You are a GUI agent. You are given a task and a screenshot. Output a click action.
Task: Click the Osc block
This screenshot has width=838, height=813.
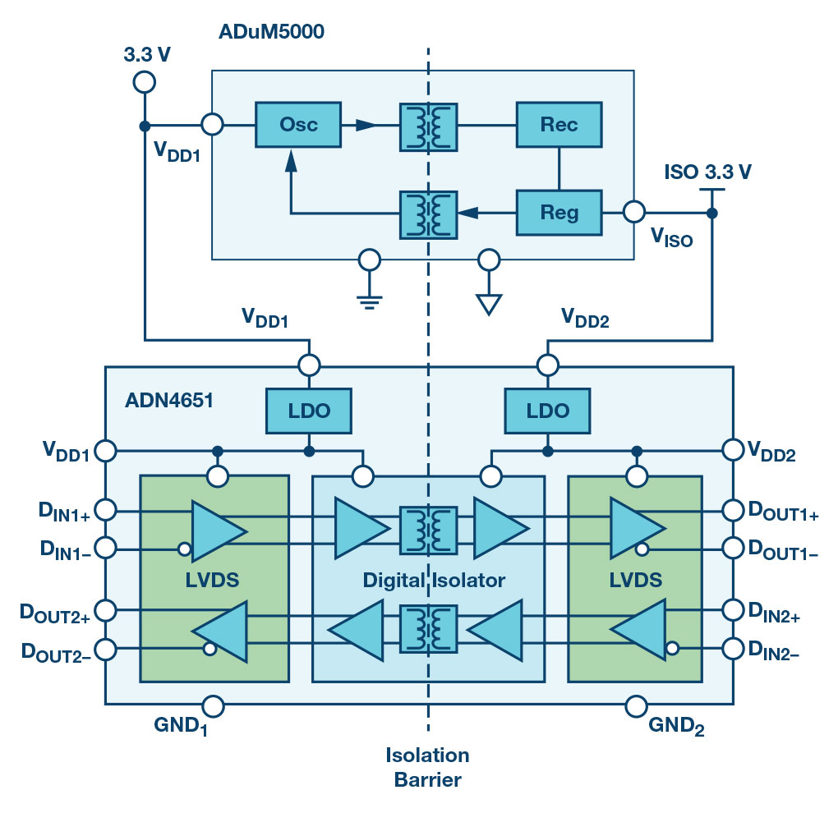click(297, 125)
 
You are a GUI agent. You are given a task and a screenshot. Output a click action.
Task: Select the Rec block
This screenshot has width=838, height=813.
click(559, 125)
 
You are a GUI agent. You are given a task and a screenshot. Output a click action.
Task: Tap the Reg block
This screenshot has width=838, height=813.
click(559, 212)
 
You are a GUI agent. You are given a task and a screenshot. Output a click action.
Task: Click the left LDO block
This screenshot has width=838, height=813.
click(308, 410)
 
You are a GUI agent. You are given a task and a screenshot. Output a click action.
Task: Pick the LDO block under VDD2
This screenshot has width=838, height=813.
click(546, 410)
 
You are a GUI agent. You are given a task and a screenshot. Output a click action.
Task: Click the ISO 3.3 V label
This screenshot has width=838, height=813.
click(709, 172)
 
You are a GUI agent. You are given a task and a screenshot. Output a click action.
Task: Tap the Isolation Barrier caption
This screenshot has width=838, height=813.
click(427, 767)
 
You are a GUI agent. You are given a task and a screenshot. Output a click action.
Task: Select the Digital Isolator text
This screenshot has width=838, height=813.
click(433, 581)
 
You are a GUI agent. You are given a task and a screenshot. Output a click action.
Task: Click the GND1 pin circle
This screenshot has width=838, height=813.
click(213, 705)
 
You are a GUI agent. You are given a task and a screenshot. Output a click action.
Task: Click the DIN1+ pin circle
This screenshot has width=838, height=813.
click(105, 510)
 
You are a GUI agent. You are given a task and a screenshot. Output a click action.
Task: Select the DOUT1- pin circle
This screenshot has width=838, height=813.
click(733, 547)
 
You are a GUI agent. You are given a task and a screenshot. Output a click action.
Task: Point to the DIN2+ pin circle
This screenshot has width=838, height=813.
click(733, 610)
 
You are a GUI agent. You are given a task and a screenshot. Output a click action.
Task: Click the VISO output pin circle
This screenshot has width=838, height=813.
click(633, 212)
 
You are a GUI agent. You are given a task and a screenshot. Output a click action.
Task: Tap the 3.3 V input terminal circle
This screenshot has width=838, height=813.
click(144, 81)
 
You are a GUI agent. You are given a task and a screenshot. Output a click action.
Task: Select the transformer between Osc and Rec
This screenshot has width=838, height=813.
click(427, 126)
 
